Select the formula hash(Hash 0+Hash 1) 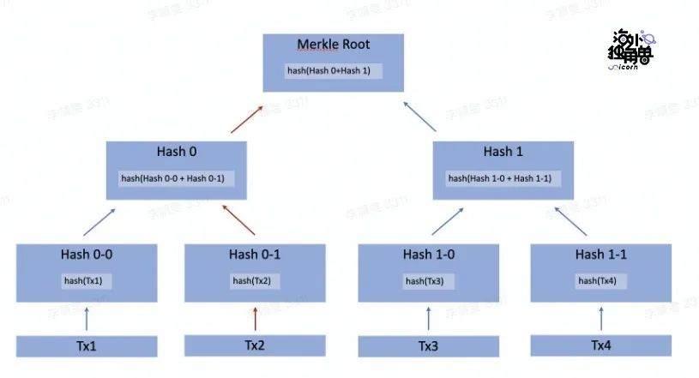[328, 70]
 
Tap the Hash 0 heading [177, 152]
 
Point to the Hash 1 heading [498, 152]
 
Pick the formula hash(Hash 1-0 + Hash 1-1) [499, 178]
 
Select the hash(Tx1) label [87, 280]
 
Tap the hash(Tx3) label [425, 280]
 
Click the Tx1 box [87, 346]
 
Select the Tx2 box [255, 346]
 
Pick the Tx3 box [428, 346]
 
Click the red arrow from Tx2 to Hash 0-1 [255, 319]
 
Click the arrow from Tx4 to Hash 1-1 [600, 319]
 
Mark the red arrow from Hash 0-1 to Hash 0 [239, 220]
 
